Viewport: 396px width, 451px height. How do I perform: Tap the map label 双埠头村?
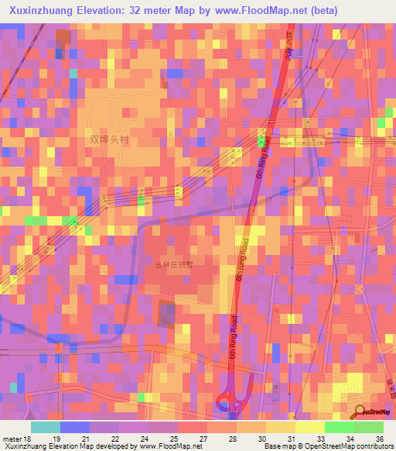point(106,140)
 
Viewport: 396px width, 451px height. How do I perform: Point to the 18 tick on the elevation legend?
point(28,438)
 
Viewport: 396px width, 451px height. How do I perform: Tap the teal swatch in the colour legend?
point(46,427)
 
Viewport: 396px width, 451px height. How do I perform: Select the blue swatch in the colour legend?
point(75,427)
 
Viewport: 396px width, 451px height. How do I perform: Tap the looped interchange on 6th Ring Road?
point(230,401)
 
